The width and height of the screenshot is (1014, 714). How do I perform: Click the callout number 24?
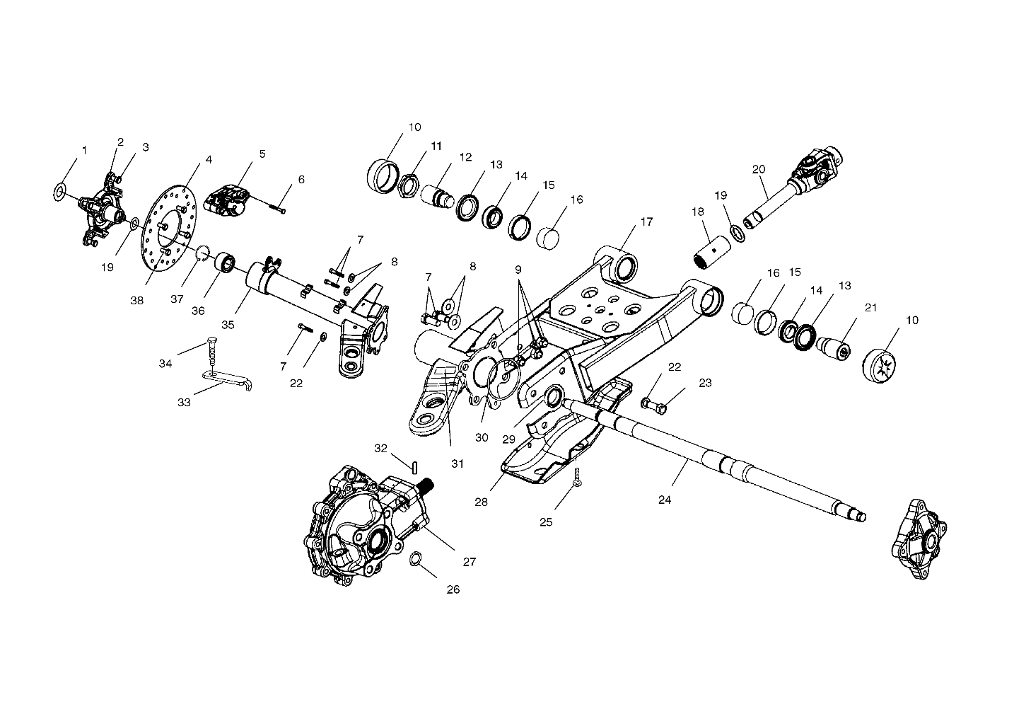665,500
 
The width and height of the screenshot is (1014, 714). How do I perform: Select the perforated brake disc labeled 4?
168,227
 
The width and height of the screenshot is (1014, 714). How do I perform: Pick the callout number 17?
646,221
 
